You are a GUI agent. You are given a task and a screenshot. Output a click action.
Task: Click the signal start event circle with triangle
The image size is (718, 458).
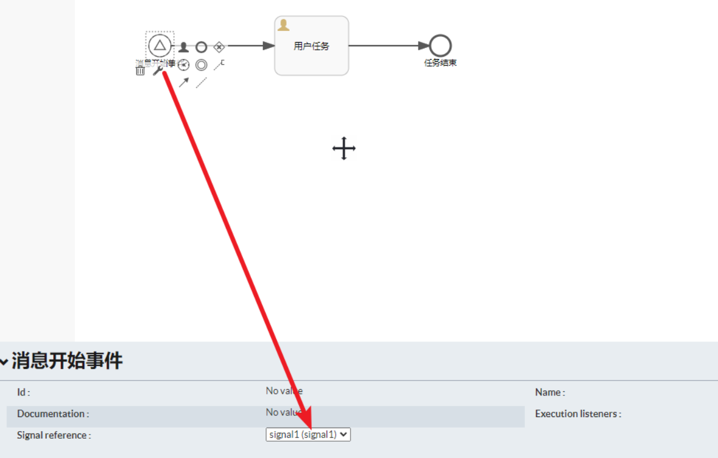160,45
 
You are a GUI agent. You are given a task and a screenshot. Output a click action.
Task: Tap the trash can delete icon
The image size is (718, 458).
140,71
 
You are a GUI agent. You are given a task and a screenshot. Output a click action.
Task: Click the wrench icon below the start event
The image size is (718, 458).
157,70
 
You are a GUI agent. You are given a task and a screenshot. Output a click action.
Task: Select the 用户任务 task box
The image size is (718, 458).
311,46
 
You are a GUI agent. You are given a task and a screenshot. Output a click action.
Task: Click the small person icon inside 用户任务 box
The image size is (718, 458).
284,25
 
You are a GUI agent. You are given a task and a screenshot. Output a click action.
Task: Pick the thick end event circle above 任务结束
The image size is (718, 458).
440,46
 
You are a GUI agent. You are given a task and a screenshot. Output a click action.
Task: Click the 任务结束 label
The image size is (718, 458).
440,63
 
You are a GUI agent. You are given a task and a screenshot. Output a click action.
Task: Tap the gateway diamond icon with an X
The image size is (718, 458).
219,47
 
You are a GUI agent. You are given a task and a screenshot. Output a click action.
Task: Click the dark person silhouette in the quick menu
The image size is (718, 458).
184,47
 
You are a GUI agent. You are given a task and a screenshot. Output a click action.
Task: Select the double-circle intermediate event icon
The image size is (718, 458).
201,65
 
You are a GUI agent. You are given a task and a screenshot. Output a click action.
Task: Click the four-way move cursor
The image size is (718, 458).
344,149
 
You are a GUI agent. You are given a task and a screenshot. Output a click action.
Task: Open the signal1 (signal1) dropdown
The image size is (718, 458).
308,435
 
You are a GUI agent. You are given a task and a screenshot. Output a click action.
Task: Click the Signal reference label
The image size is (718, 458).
54,435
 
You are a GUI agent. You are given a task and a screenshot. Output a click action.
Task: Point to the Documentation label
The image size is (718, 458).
53,414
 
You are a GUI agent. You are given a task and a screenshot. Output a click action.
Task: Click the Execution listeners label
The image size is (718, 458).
578,414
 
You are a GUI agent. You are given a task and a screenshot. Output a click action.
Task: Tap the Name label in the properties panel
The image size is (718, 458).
549,392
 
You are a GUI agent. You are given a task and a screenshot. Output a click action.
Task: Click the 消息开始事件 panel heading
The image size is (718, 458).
67,361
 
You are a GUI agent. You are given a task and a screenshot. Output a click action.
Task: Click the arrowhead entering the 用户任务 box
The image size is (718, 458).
269,46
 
